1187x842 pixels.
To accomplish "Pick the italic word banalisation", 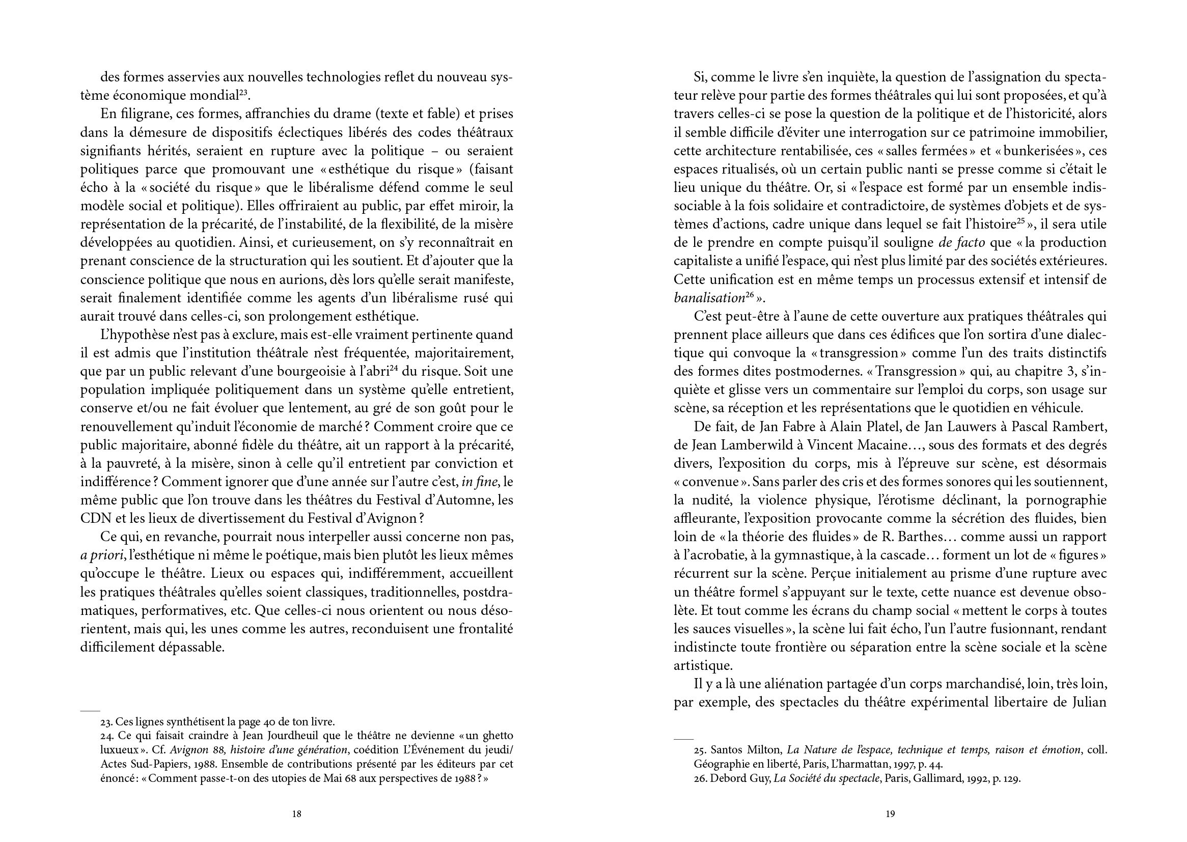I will tap(709, 298).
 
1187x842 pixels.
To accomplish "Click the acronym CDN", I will tap(95, 518).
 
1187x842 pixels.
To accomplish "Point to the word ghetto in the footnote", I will tap(495, 736).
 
